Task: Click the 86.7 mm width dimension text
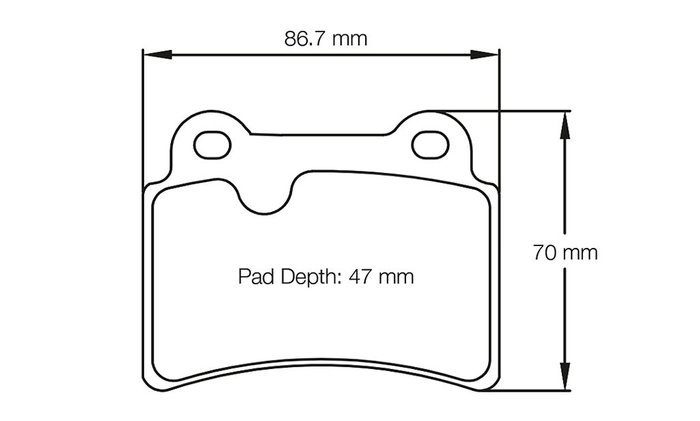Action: (325, 38)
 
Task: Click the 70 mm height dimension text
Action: (565, 253)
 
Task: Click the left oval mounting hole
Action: (213, 144)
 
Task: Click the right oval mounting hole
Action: (430, 144)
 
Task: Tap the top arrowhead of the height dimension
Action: (565, 122)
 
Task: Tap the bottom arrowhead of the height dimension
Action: (565, 379)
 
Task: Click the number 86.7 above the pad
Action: (307, 38)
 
